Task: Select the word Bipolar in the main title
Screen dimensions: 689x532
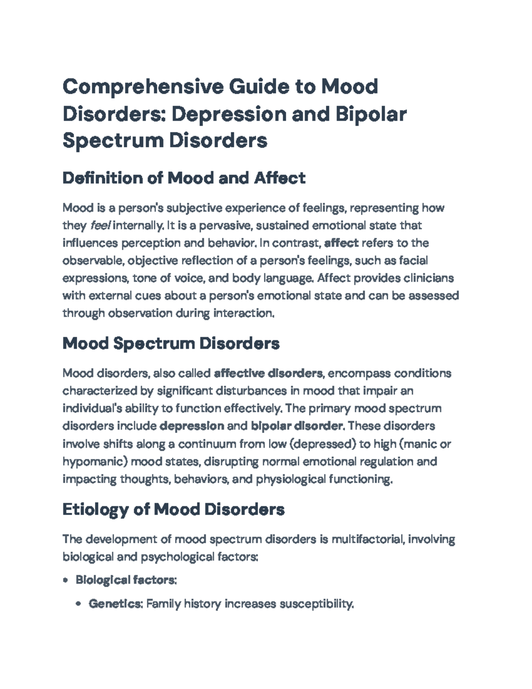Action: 371,114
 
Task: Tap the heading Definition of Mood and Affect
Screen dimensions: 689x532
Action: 184,178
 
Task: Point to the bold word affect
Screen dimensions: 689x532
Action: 341,243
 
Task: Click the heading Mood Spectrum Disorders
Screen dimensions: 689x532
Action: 171,343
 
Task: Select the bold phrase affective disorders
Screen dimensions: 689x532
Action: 268,373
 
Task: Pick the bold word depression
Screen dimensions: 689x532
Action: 191,426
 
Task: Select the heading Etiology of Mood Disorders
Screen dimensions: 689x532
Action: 173,509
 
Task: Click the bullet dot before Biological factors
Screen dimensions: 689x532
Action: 66,580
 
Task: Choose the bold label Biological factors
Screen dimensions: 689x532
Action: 125,580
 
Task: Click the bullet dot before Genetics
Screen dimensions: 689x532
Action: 79,604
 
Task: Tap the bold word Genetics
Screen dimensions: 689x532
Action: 115,604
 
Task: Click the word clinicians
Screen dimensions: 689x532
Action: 429,278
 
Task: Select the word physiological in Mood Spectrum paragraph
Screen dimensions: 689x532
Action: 290,479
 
